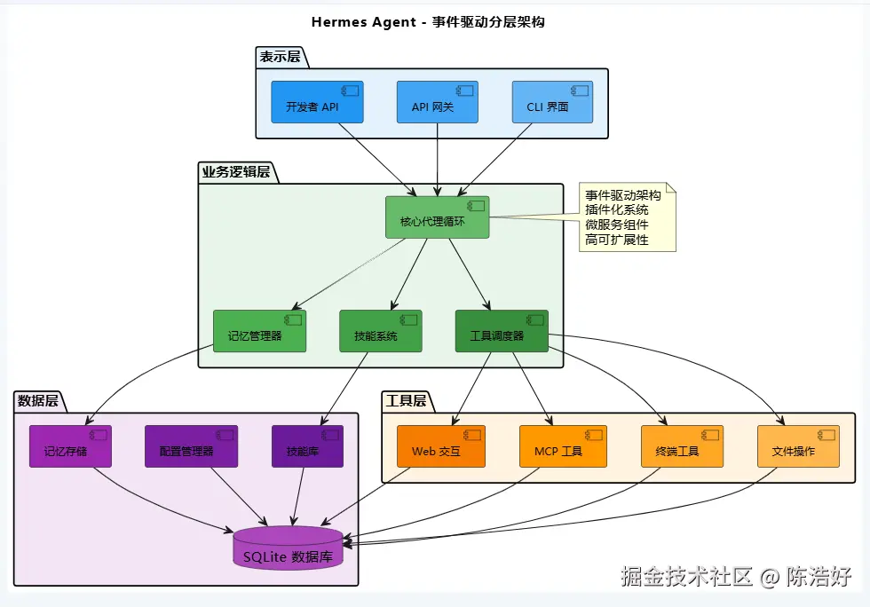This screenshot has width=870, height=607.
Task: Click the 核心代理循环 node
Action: click(x=438, y=217)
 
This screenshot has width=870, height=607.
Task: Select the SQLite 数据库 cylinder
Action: click(x=288, y=549)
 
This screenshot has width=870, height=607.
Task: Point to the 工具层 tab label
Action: click(x=406, y=401)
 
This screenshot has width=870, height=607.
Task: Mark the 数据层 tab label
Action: click(x=38, y=401)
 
